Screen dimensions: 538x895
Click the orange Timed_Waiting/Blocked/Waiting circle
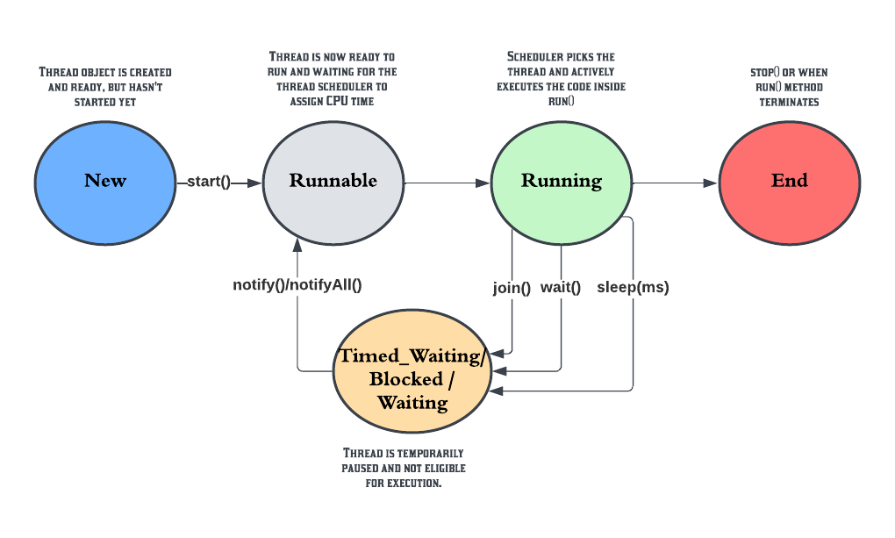pos(412,378)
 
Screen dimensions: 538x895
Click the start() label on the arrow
pos(209,183)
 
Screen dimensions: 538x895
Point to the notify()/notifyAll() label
pos(297,284)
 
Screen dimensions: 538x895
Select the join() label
pos(512,287)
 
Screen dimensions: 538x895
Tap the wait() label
pos(561,287)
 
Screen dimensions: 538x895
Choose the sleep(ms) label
pos(633,287)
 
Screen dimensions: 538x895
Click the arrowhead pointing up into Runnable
pos(297,241)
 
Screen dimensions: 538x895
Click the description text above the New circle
pos(105,86)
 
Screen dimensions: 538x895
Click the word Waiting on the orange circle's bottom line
pos(412,403)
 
